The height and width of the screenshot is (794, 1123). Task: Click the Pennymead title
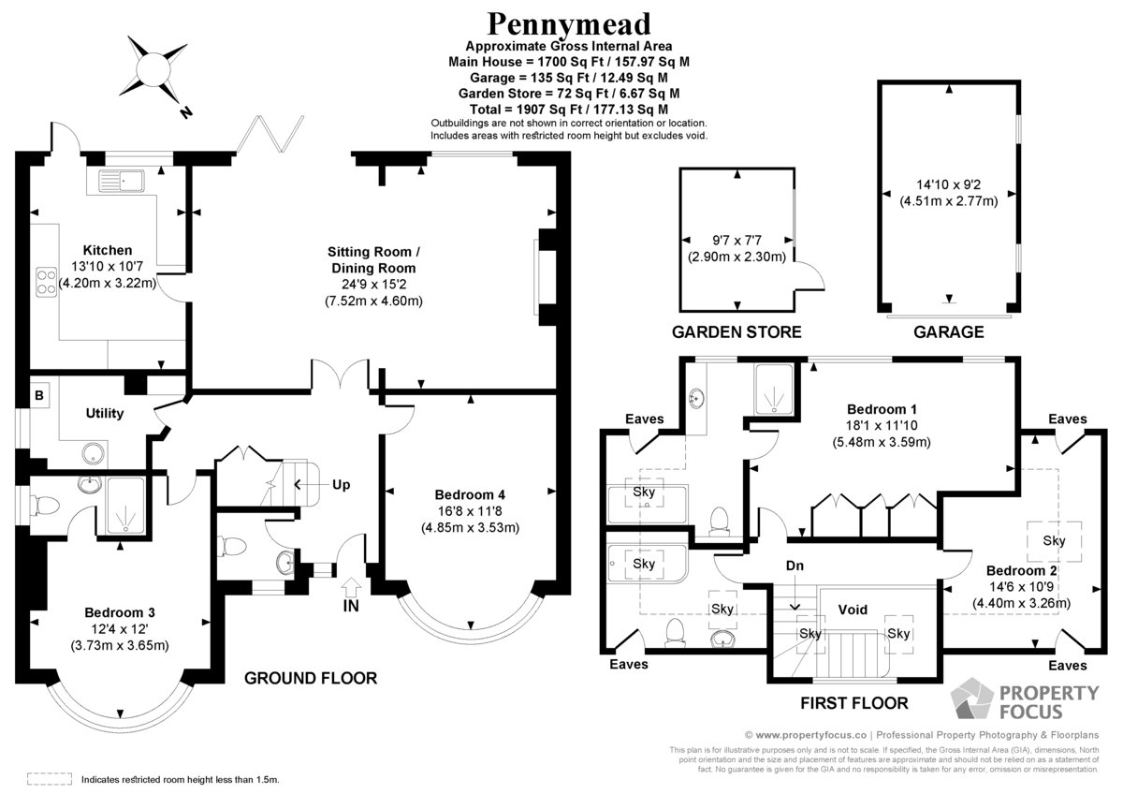(569, 23)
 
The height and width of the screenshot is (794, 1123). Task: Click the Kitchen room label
(108, 250)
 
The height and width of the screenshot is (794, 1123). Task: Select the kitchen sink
(122, 180)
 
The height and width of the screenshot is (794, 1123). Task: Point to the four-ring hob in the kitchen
(46, 283)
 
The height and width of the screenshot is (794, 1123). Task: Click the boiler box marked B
(39, 395)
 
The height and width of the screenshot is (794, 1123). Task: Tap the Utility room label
(104, 413)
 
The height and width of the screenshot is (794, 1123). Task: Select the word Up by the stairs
(341, 484)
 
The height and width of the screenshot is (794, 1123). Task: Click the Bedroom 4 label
(470, 495)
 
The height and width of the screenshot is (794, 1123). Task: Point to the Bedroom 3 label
(120, 612)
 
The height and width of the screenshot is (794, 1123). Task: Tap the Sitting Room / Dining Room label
(373, 259)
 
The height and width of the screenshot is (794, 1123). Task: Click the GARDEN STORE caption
(737, 332)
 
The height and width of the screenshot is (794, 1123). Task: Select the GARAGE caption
(949, 332)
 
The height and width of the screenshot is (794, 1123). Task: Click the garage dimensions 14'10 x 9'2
(949, 184)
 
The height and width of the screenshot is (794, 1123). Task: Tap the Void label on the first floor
(853, 610)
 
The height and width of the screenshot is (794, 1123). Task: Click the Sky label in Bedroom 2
(1054, 540)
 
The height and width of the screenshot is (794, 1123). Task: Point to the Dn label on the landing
(795, 566)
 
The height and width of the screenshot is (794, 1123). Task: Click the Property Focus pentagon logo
(971, 698)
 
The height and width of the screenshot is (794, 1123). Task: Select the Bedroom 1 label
(882, 409)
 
